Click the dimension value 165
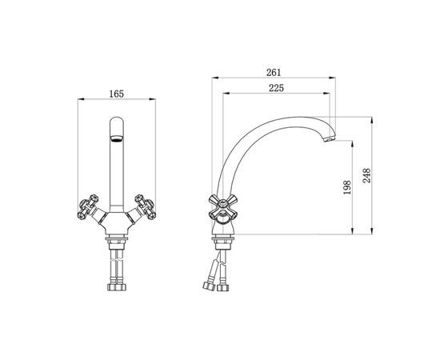tap(117, 94)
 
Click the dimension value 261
tap(274, 72)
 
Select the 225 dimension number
tap(277, 88)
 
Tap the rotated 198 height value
tap(347, 187)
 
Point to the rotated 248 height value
tap(366, 176)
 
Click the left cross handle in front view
tap(88, 206)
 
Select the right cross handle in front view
tap(145, 206)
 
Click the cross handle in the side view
tap(223, 206)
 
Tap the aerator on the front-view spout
tap(117, 138)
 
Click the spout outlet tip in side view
tap(329, 138)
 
